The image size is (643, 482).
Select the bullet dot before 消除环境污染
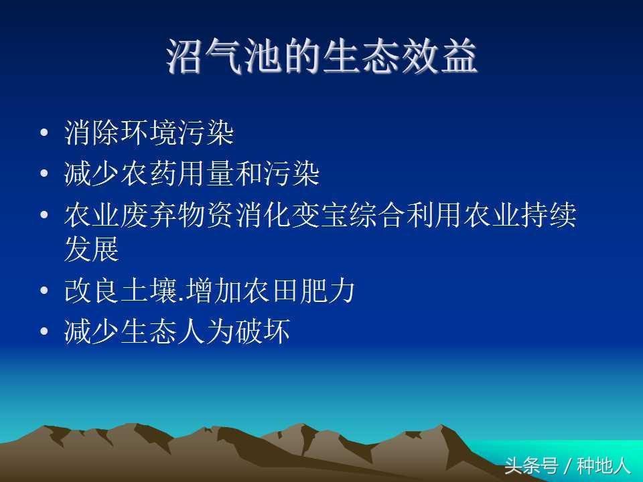[x=44, y=133]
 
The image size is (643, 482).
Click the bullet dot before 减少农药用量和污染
[x=44, y=173]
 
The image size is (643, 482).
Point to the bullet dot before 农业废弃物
[x=44, y=214]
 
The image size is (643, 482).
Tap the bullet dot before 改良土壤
[x=44, y=291]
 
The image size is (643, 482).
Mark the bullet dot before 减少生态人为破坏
[x=44, y=331]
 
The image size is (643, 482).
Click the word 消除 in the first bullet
[x=92, y=133]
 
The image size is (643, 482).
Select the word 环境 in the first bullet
[x=149, y=133]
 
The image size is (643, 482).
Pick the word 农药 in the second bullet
[x=149, y=173]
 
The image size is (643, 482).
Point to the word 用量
[x=206, y=173]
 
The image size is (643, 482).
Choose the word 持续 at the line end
[x=549, y=215]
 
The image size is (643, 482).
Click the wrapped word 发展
[x=92, y=249]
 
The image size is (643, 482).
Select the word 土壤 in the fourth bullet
[x=149, y=291]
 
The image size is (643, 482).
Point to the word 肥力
[x=328, y=291]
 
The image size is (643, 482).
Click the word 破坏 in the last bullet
[x=263, y=331]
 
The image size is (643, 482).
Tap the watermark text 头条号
[x=531, y=466]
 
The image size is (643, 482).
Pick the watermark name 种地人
[x=603, y=466]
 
